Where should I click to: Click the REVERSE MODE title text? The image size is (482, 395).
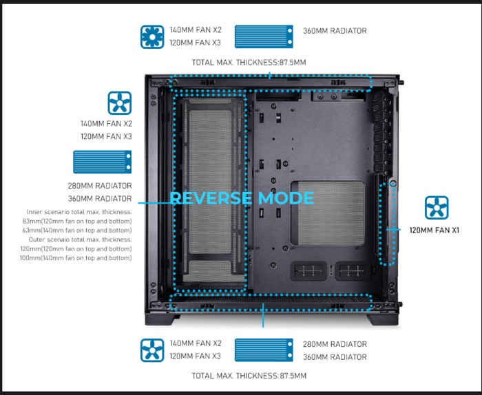tap(242, 199)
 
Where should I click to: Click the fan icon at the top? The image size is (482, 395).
tap(152, 37)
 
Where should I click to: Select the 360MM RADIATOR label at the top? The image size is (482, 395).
tap(335, 31)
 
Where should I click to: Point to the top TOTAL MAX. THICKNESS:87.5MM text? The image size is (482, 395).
tap(249, 63)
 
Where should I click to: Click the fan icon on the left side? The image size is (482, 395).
tap(119, 103)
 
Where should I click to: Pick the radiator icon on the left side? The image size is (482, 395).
tap(102, 162)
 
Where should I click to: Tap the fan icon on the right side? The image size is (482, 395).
tap(436, 208)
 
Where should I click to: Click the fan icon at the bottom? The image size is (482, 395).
tap(152, 350)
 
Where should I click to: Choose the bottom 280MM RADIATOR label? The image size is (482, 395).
tap(335, 344)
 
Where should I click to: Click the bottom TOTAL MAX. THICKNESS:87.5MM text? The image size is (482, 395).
tap(249, 376)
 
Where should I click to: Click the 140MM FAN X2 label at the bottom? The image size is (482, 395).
tap(196, 343)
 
